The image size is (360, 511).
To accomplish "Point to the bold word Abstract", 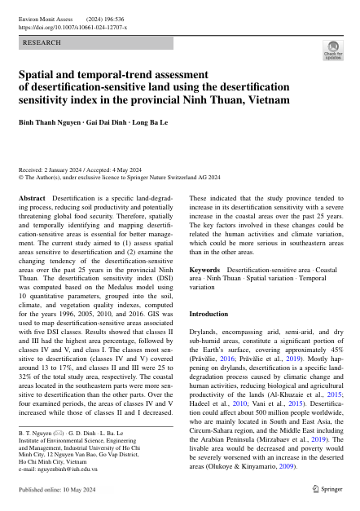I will (32, 198).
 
